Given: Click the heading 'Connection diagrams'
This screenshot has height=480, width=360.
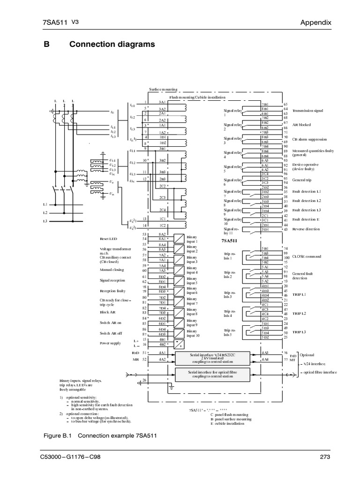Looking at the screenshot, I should [112, 45].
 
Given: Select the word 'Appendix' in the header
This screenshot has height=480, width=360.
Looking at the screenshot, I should [316, 22].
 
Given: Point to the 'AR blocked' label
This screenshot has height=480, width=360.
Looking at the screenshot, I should [302, 125].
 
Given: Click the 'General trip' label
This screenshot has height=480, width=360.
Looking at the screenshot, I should [303, 180].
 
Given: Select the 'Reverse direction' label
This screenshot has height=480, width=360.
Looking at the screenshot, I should [307, 229].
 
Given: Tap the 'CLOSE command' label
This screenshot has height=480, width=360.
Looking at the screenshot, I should [307, 256].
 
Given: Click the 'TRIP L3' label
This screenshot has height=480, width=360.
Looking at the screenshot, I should [299, 332].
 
